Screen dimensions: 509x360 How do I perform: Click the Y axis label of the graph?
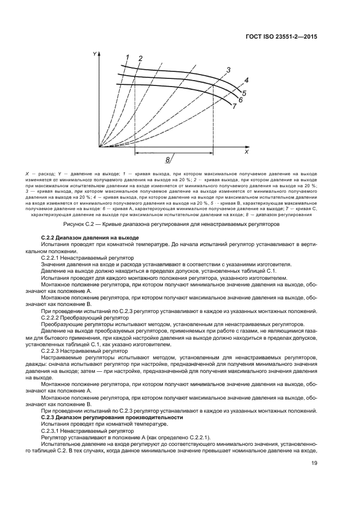pyautogui.click(x=95, y=54)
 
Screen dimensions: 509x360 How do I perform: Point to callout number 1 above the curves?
pyautogui.click(x=127, y=57)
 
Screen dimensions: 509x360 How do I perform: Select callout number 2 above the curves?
pyautogui.click(x=141, y=58)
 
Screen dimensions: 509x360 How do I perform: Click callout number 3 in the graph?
pyautogui.click(x=228, y=70)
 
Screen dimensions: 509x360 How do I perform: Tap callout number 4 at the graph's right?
pyautogui.click(x=246, y=80)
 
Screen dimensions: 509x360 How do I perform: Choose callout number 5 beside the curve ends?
pyautogui.click(x=245, y=93)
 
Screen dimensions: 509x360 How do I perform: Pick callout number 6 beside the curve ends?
pyautogui.click(x=240, y=100)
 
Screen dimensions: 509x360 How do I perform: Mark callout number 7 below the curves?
pyautogui.click(x=234, y=107)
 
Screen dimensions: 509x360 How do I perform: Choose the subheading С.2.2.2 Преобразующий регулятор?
pyautogui.click(x=86, y=316)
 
